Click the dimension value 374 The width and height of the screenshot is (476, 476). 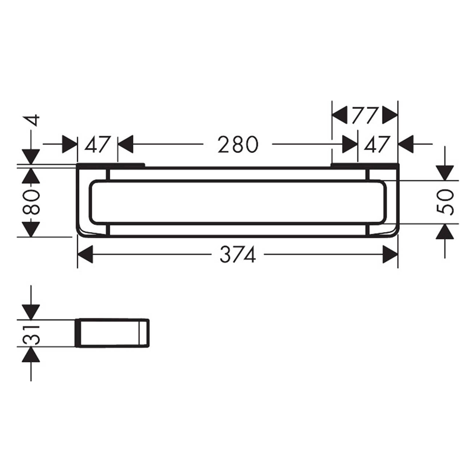tap(237, 255)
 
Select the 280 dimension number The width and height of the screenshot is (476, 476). tap(238, 145)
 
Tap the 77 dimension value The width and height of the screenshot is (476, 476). tap(365, 115)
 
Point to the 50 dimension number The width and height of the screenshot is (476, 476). tap(444, 202)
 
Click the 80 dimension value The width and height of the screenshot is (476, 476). tap(31, 202)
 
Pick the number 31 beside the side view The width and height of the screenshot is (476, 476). tap(31, 334)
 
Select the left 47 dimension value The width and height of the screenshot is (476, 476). tap(97, 145)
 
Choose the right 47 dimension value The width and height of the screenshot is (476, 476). tap(377, 145)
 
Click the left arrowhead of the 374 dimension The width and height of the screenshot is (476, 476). tap(85, 255)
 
